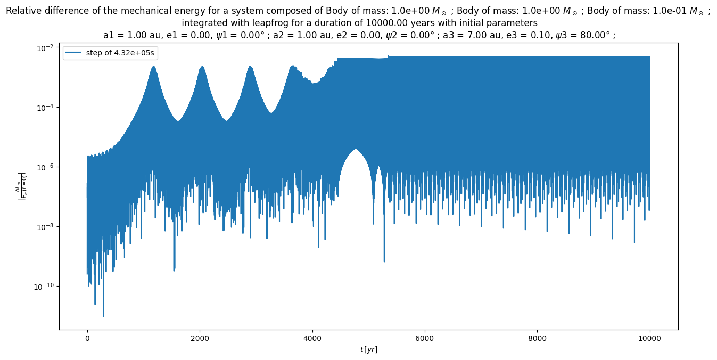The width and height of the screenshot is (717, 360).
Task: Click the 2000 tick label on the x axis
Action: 200,338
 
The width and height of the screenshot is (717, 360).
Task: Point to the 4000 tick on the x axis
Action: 312,338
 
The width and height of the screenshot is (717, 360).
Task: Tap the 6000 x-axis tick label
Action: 425,338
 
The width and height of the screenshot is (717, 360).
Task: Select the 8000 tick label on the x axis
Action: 537,338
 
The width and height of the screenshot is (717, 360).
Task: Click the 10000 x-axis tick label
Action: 650,338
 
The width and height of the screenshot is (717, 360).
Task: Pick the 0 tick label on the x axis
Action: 87,338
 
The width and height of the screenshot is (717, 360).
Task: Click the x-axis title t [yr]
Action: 368,349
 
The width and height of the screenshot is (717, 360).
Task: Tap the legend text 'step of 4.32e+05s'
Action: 120,53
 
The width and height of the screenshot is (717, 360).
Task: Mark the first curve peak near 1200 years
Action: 153,66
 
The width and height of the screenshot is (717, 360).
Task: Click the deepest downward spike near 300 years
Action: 103,316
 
